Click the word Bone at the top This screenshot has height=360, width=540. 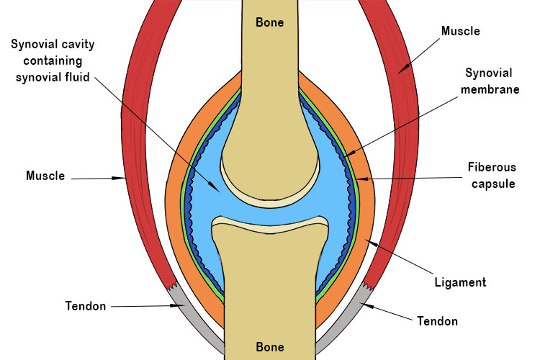pyautogui.click(x=270, y=22)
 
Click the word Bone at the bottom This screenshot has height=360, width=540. pyautogui.click(x=270, y=347)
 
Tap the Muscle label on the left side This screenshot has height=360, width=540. pyautogui.click(x=45, y=176)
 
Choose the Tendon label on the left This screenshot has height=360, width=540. pyautogui.click(x=86, y=306)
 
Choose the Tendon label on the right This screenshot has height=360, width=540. pyautogui.click(x=437, y=320)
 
